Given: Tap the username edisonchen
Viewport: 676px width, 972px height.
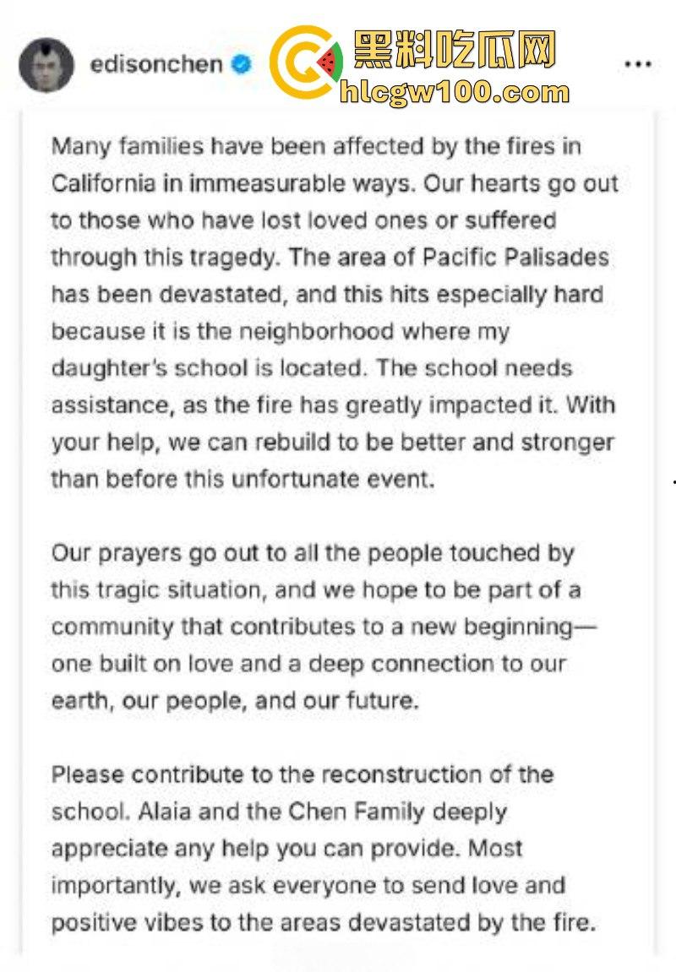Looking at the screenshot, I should click(x=156, y=64).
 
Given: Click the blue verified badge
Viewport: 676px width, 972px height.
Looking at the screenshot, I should click(x=242, y=64).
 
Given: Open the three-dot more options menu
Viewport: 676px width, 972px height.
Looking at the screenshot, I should click(x=638, y=65).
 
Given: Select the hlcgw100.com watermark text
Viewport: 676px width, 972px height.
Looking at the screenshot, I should click(x=454, y=91).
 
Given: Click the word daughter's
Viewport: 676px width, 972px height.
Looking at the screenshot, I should click(x=108, y=368).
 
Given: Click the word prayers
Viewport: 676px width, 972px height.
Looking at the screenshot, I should click(x=135, y=553).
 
